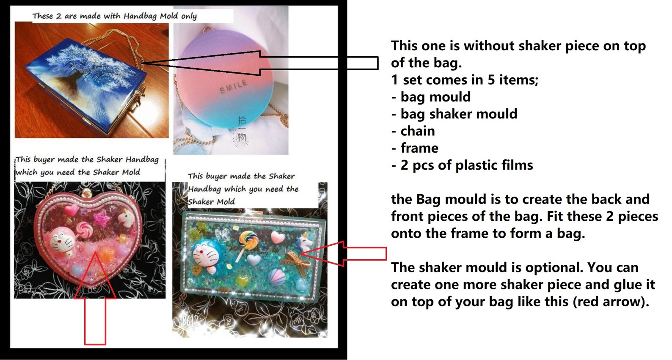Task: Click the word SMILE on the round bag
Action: click(x=233, y=87)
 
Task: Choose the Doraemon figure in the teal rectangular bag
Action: click(x=205, y=256)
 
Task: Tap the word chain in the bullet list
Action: click(x=418, y=131)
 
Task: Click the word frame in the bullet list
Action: click(x=419, y=148)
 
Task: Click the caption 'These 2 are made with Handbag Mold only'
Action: click(x=114, y=16)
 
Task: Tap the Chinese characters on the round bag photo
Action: click(x=241, y=129)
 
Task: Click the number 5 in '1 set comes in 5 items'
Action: click(x=491, y=80)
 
